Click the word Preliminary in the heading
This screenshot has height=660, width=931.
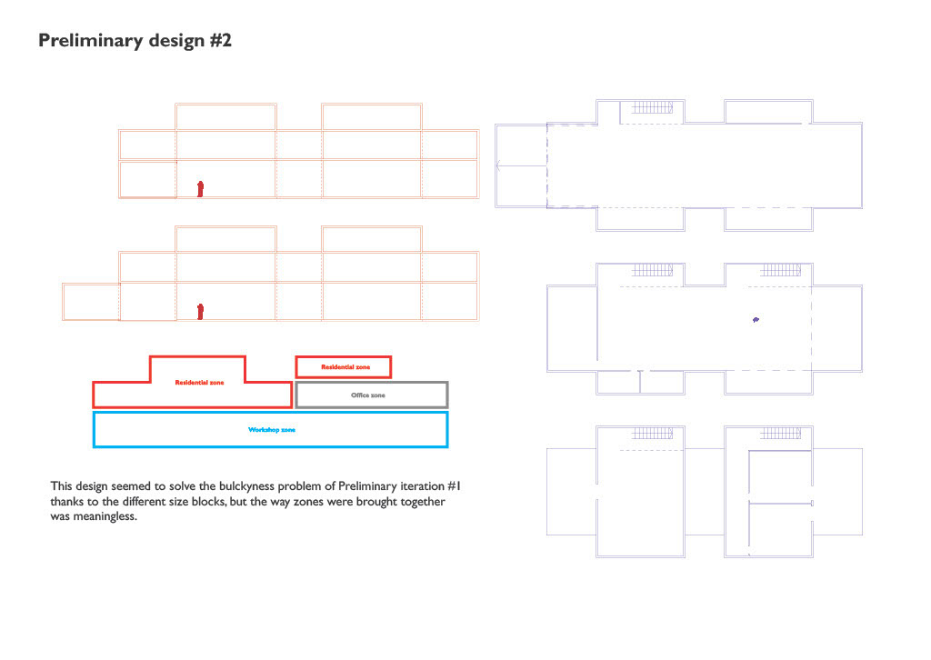(84, 42)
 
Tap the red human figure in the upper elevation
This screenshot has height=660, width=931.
(201, 188)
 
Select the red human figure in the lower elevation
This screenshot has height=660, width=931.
(201, 312)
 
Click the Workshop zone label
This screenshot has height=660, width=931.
(271, 430)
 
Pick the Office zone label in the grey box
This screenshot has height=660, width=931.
(367, 395)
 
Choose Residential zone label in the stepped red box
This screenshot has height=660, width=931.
(199, 383)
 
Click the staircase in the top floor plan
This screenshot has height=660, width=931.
(651, 107)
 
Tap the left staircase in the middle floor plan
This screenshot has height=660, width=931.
(651, 270)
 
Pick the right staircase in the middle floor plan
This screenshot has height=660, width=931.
(779, 270)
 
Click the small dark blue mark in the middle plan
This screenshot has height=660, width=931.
(755, 320)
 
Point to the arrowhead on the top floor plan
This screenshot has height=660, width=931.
(500, 166)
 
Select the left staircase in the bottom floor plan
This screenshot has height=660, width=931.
(651, 433)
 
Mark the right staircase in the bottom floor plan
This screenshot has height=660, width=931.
(779, 433)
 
